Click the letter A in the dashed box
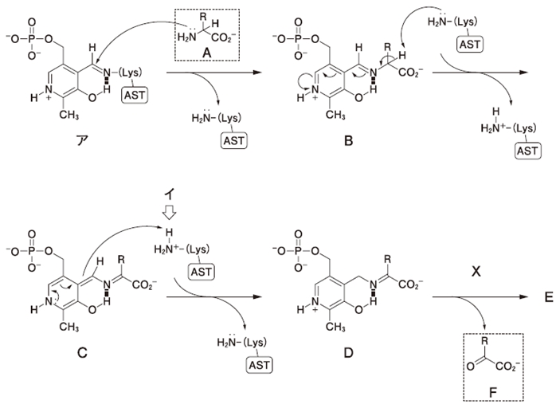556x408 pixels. click(206, 53)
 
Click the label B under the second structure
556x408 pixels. click(348, 141)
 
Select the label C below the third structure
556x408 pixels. click(82, 353)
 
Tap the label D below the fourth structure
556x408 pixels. click(348, 353)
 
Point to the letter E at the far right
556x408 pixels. click(549, 297)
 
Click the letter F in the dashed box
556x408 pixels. click(493, 392)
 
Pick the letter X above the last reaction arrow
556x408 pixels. click(476, 272)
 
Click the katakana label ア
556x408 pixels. click(82, 140)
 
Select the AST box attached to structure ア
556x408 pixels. click(135, 95)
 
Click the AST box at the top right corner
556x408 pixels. click(469, 45)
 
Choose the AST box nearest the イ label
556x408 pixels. click(201, 272)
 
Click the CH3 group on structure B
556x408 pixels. click(335, 115)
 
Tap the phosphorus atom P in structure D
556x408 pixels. click(298, 251)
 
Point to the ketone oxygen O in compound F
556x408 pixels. click(471, 366)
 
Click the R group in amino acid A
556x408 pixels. click(203, 16)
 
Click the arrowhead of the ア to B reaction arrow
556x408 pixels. click(257, 73)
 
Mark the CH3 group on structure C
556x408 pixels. click(69, 327)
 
